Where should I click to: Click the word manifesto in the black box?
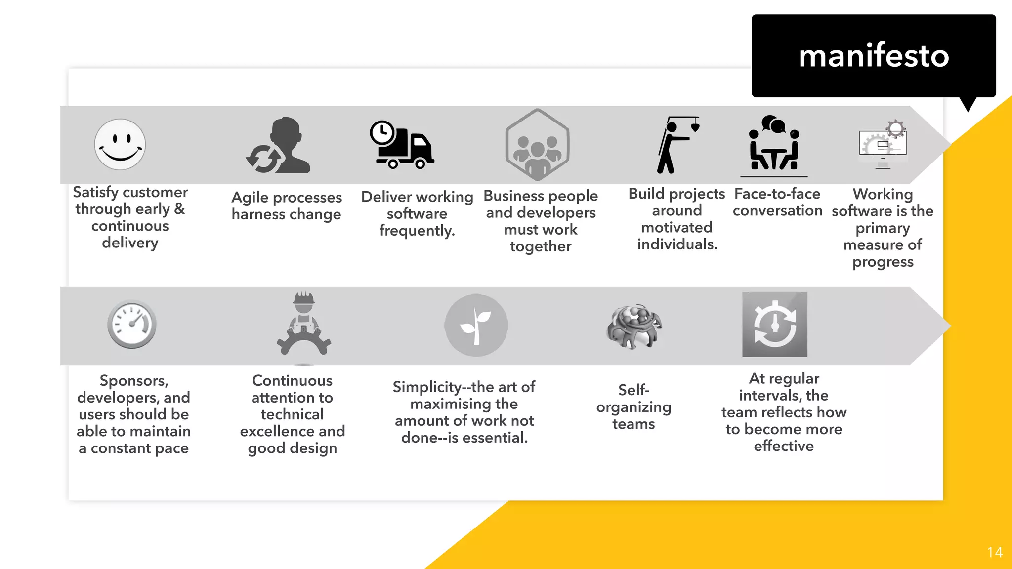pos(874,56)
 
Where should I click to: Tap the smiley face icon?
pos(120,144)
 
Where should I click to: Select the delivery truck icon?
pos(401,145)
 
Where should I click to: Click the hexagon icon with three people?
pos(537,145)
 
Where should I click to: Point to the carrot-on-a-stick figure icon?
pos(677,145)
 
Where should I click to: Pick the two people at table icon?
pos(774,145)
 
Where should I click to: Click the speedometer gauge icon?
pos(132,325)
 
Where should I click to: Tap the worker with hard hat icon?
pos(303,324)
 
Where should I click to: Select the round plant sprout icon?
pos(476,325)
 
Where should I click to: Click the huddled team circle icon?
pos(634,326)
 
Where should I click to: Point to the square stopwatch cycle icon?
pos(774,325)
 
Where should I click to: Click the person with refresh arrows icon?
pos(278,146)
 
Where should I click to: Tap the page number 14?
pos(995,552)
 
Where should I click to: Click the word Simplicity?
pos(427,387)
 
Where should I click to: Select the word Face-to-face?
pos(777,194)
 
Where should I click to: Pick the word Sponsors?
pos(134,381)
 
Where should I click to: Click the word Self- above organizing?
pos(633,390)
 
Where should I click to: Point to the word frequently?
pos(417,231)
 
